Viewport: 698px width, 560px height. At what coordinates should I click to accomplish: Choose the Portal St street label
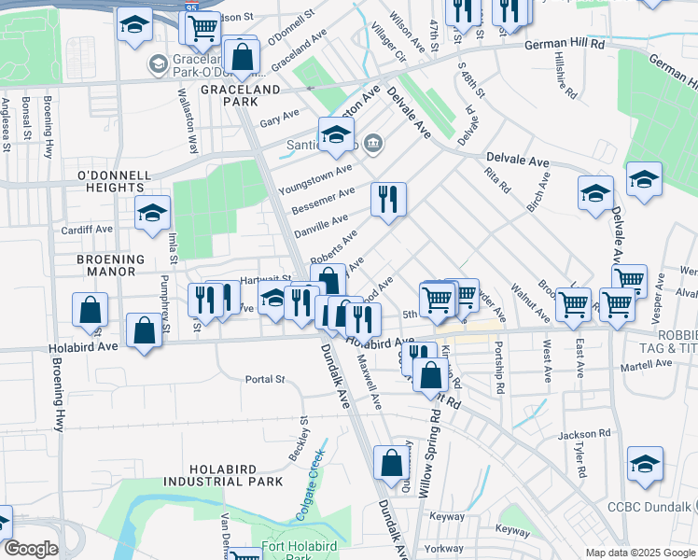pos(264,380)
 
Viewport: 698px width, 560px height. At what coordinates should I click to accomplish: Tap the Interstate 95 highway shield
pos(190,7)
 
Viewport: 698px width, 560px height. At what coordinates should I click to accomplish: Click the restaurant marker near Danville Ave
pos(388,199)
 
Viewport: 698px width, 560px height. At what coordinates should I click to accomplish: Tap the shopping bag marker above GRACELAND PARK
pos(243,55)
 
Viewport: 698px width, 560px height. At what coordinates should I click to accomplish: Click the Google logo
pos(31,549)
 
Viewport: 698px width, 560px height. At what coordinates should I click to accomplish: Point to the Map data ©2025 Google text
pos(639,553)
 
